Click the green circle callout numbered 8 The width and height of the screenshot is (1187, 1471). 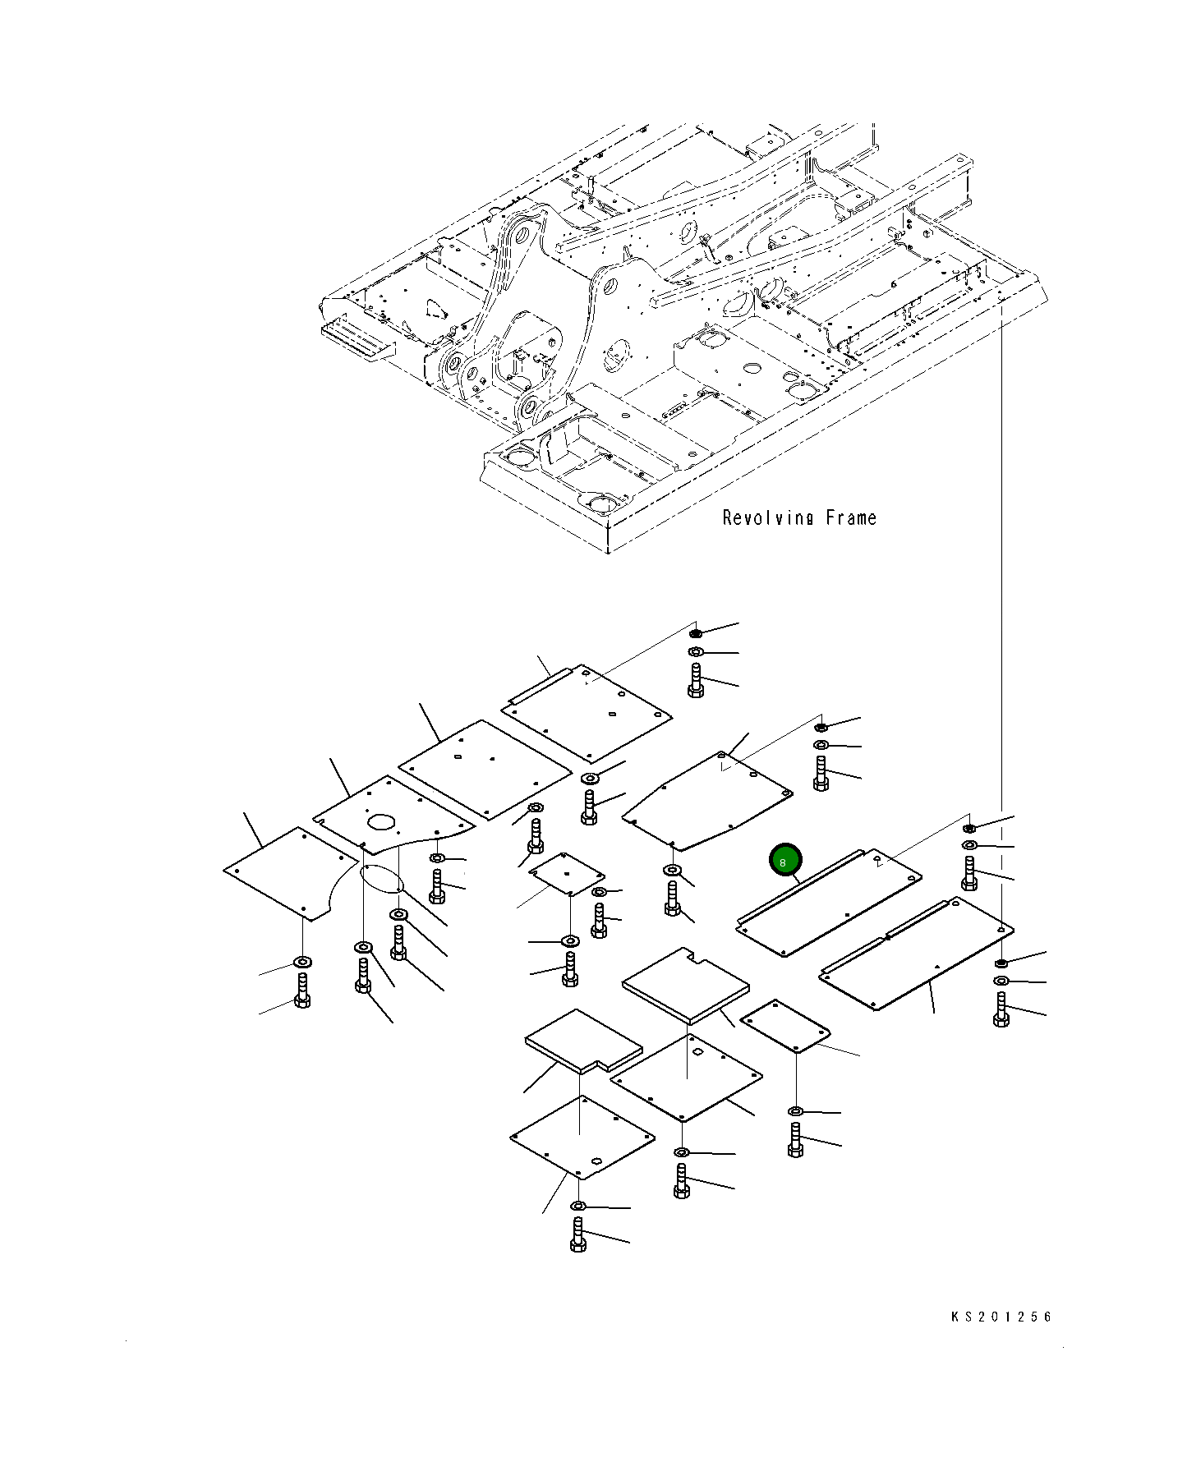click(783, 862)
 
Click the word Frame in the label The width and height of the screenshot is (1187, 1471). click(851, 518)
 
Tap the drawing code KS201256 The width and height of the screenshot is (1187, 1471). click(1001, 1317)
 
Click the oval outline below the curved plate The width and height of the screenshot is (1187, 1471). click(381, 877)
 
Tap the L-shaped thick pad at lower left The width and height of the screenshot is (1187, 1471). click(582, 1041)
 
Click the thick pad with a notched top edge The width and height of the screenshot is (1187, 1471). click(685, 984)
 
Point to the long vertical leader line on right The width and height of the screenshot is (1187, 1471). click(1001, 575)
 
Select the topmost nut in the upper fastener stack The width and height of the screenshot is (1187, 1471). click(695, 633)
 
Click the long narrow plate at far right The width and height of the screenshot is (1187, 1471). click(916, 954)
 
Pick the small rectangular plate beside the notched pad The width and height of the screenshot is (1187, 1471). click(784, 1026)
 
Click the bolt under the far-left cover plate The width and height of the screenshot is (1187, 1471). click(301, 991)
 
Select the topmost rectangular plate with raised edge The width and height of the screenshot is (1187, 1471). click(587, 712)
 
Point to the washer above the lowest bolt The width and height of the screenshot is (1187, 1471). click(577, 1206)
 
